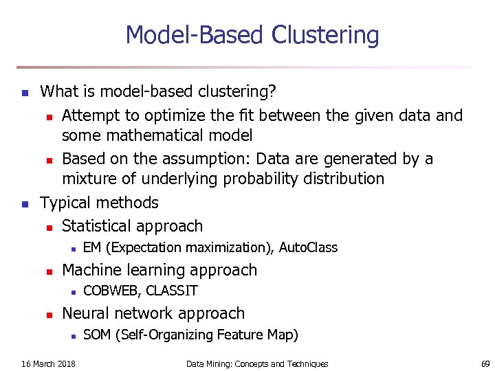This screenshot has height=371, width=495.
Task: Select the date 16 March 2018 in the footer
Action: click(49, 363)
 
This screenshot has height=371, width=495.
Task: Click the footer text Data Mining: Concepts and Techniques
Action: click(257, 363)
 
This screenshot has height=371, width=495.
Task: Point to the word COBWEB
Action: click(112, 291)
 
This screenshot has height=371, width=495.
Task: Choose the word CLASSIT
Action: click(172, 291)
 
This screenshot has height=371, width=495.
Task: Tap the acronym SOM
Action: click(98, 335)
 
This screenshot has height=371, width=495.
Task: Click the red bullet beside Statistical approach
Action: click(49, 227)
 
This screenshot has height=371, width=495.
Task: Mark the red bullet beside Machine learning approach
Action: click(49, 271)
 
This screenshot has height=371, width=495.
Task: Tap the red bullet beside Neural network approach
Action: click(49, 314)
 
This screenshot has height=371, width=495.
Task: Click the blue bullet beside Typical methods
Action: click(25, 203)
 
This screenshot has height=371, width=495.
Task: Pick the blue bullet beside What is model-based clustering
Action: click(25, 91)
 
